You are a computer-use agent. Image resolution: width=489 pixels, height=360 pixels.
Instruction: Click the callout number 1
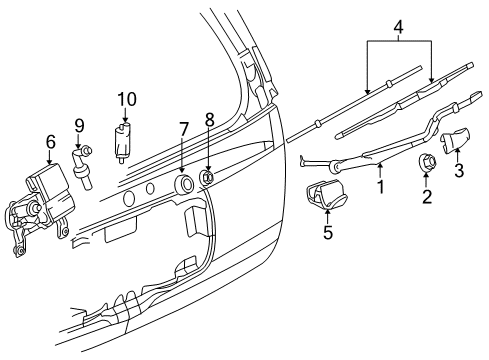379,186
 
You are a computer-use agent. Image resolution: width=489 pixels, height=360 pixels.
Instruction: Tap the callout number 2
426,197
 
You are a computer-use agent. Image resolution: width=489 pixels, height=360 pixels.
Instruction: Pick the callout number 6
50,143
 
